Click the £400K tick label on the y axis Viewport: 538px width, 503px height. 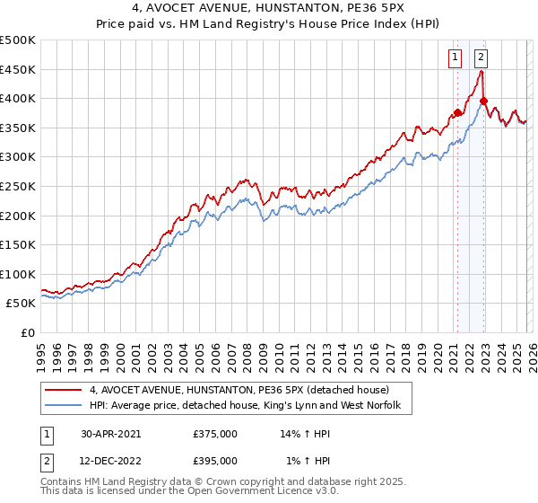pos(18,98)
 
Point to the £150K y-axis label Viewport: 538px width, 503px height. pos(18,244)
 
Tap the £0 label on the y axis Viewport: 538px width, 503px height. pos(28,332)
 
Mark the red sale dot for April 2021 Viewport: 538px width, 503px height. pos(457,113)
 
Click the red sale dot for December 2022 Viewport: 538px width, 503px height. pos(483,101)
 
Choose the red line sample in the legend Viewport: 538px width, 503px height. pos(63,391)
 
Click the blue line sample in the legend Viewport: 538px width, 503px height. pos(63,407)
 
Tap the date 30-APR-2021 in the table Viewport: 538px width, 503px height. pos(110,433)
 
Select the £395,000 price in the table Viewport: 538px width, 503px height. pos(215,460)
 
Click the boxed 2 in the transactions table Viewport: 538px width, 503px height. pos(46,460)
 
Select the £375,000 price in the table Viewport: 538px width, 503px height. pos(215,433)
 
